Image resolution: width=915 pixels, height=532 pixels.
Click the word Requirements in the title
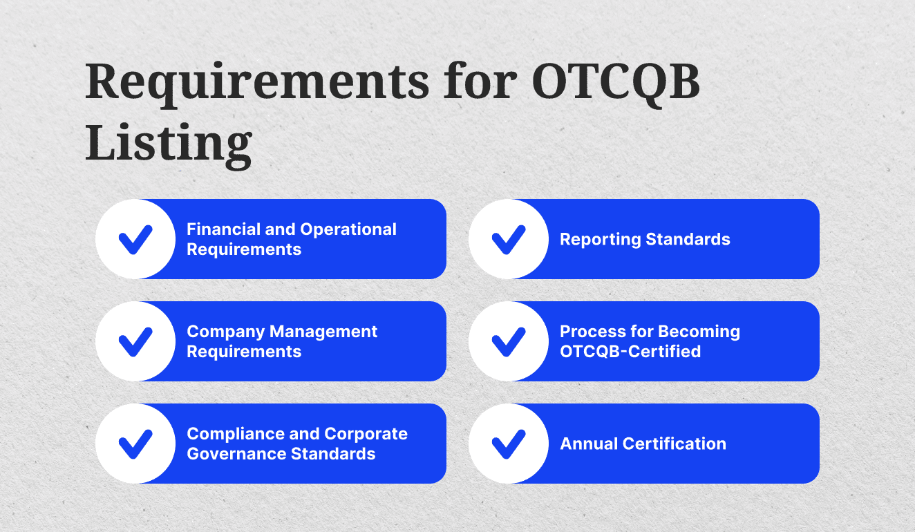pyautogui.click(x=256, y=82)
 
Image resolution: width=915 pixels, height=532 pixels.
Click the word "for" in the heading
pyautogui.click(x=481, y=82)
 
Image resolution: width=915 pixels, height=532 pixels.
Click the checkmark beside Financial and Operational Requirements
pyautogui.click(x=135, y=239)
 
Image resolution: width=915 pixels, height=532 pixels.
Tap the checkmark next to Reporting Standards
pyautogui.click(x=509, y=239)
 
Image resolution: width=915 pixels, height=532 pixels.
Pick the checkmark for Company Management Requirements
pyautogui.click(x=135, y=341)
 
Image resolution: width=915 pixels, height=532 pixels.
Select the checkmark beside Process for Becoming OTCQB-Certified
pyautogui.click(x=509, y=341)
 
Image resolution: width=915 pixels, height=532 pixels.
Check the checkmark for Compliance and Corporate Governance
pyautogui.click(x=135, y=444)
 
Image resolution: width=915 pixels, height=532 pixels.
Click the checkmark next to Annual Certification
pyautogui.click(x=509, y=444)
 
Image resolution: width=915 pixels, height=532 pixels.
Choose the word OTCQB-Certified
pyautogui.click(x=630, y=352)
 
